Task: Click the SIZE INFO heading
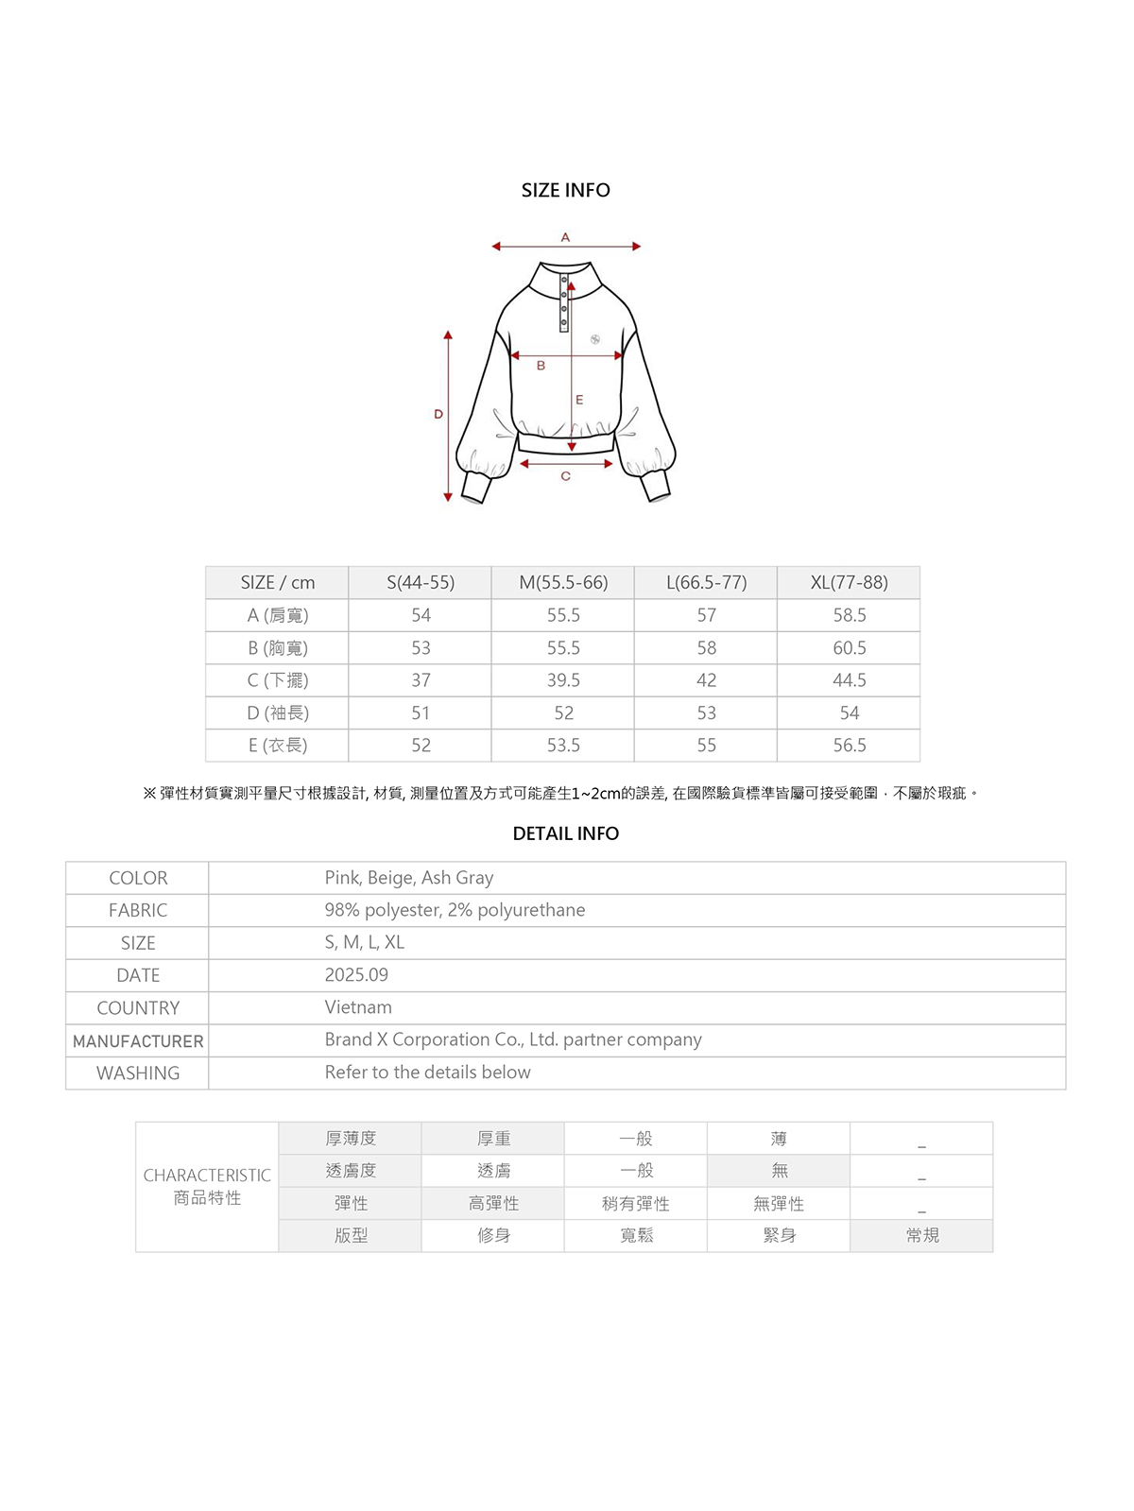[x=565, y=190]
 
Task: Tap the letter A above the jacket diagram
[x=565, y=237]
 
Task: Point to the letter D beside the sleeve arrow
[x=438, y=414]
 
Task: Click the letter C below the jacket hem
[x=565, y=476]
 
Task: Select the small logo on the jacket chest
[x=595, y=339]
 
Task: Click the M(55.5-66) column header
[x=563, y=582]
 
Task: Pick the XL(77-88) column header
[x=849, y=582]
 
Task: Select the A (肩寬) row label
[x=277, y=615]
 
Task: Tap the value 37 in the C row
[x=421, y=680]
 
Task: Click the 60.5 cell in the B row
[x=849, y=647]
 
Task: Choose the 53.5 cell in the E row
[x=563, y=746]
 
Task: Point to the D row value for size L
[x=706, y=713]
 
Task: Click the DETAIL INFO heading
[x=565, y=833]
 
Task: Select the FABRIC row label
[x=138, y=910]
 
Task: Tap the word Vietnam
[x=358, y=1007]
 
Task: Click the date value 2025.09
[x=356, y=974]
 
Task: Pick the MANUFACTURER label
[x=138, y=1040]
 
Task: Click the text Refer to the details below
[x=427, y=1073]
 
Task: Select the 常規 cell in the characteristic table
[x=921, y=1235]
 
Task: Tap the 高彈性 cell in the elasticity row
[x=493, y=1203]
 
